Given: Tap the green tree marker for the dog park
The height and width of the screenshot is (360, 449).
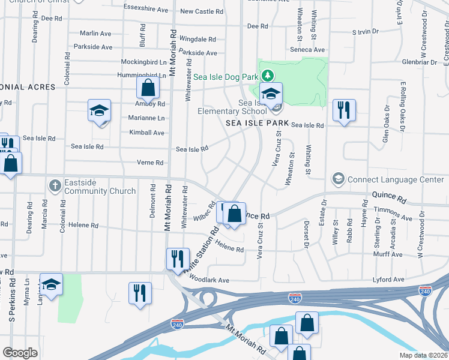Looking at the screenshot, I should click(x=270, y=76).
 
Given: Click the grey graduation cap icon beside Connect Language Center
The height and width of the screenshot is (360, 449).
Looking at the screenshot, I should click(x=338, y=179).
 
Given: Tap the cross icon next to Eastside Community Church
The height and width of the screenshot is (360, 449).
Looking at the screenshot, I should click(x=55, y=185).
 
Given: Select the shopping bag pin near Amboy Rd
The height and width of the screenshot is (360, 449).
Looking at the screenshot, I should click(x=147, y=89).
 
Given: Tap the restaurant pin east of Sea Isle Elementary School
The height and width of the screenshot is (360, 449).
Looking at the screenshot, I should click(x=344, y=110).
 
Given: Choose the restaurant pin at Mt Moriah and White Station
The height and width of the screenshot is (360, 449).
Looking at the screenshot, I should click(x=178, y=259).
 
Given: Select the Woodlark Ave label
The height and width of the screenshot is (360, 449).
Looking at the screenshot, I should click(x=209, y=280).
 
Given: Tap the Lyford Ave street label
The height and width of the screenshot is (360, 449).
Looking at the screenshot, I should click(x=406, y=280).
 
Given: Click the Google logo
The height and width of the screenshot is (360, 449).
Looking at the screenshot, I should click(x=20, y=352).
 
